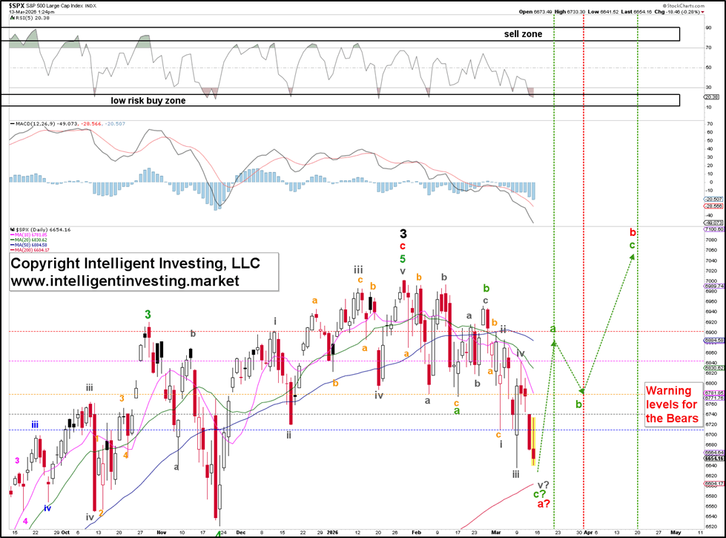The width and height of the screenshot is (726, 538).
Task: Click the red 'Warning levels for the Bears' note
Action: tap(672, 404)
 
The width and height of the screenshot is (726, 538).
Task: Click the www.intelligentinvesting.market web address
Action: tap(125, 281)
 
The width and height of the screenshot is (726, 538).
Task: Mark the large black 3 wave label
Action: tap(403, 234)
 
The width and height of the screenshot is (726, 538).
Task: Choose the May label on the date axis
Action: tap(675, 532)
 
